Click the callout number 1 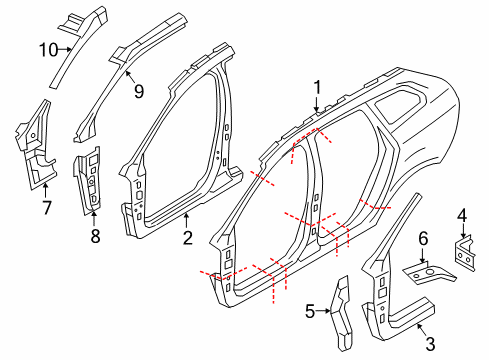pyautogui.click(x=317, y=86)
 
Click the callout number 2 pyautogui.click(x=187, y=237)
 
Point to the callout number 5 pyautogui.click(x=310, y=311)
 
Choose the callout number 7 pyautogui.click(x=46, y=207)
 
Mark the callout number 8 pyautogui.click(x=95, y=235)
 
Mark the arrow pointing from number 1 pyautogui.click(x=317, y=103)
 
